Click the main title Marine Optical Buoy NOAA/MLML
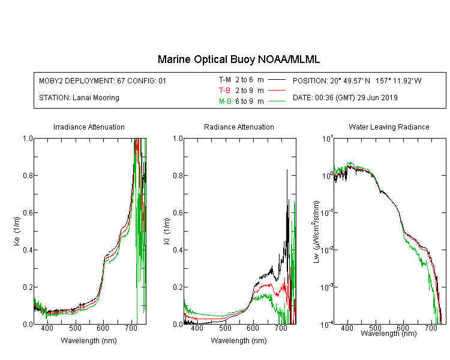238,59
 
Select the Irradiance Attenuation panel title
89,127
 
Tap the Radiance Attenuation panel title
239,127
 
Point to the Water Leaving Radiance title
389,127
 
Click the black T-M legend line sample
277,80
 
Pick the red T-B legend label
225,91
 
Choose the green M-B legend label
225,101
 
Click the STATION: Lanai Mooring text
79,98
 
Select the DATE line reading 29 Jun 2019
345,98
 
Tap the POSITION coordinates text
357,80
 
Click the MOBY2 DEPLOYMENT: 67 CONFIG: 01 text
103,81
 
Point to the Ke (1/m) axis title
17,231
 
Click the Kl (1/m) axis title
167,231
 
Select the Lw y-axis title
316,232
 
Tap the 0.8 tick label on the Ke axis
28,175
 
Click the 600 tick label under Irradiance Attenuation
103,328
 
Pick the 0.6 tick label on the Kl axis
178,213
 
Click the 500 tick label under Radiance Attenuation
225,328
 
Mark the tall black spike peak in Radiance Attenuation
287,170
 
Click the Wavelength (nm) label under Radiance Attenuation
239,341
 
